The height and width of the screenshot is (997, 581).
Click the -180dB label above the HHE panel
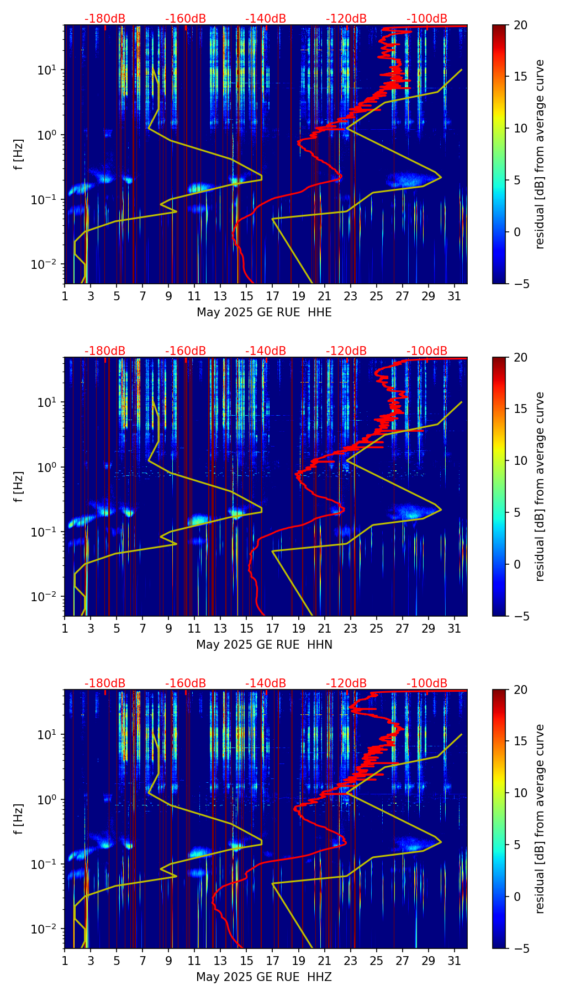click(x=105, y=19)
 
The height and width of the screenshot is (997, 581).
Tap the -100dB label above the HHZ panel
click(x=427, y=683)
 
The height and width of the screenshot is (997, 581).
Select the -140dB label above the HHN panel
click(x=266, y=351)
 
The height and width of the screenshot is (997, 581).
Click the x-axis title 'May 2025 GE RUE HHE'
click(x=264, y=312)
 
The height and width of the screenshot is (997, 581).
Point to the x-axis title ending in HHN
click(x=264, y=645)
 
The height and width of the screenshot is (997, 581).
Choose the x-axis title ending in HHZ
click(x=264, y=977)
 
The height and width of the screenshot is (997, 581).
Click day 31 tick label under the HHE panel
click(x=455, y=296)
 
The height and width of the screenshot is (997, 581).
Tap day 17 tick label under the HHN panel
click(x=272, y=628)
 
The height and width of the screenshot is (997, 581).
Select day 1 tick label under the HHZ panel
click(x=65, y=961)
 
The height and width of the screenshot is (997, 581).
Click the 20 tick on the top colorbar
click(x=520, y=25)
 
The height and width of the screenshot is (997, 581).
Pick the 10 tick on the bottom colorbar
click(x=520, y=793)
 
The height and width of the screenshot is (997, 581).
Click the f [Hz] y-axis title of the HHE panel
click(x=19, y=154)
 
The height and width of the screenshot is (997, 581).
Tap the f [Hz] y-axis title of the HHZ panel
click(x=19, y=819)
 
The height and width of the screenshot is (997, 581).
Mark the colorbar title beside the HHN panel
click(x=540, y=486)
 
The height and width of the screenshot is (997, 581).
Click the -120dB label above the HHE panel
click(x=346, y=19)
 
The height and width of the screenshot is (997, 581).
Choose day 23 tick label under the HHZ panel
click(x=350, y=961)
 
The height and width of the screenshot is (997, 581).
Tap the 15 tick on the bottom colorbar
click(x=520, y=741)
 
